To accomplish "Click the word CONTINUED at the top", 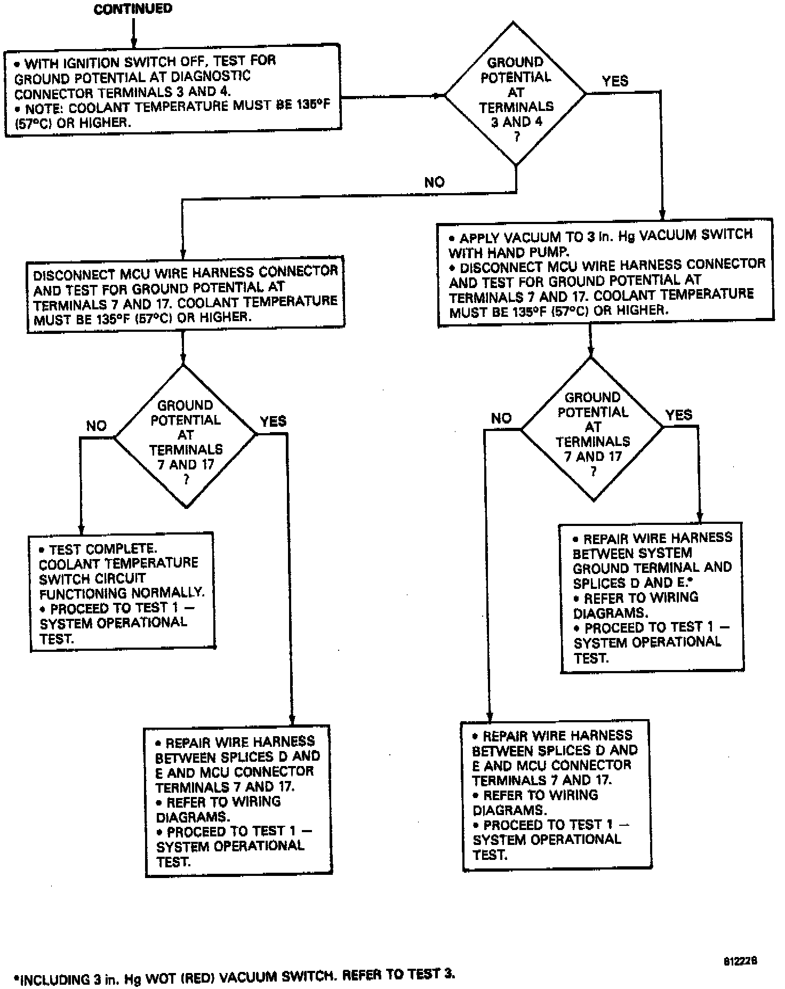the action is click(133, 9).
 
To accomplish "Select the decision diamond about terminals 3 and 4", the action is click(515, 94).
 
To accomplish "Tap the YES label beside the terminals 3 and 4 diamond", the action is click(615, 81).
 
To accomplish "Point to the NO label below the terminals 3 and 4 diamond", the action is click(434, 182).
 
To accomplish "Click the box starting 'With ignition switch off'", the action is click(173, 91).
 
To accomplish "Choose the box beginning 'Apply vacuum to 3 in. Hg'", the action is click(606, 272).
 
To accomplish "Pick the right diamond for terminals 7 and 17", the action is click(592, 429).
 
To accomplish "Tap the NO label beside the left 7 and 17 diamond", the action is click(97, 426).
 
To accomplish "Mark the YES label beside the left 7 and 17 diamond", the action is click(273, 421).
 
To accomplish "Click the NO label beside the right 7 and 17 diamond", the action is click(501, 418).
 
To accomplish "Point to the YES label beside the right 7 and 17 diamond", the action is click(679, 414).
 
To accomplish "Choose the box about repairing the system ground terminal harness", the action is click(651, 597).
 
